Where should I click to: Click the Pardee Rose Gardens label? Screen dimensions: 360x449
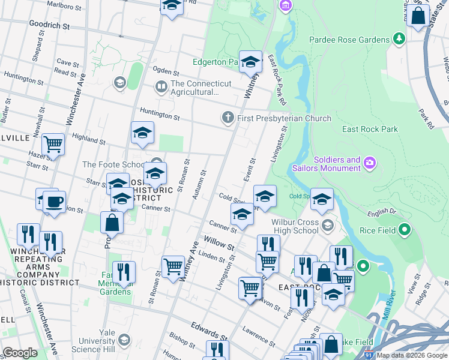coord(349,40)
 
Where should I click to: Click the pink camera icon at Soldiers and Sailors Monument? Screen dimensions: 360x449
coord(370,163)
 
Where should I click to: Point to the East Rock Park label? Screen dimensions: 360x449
coord(370,129)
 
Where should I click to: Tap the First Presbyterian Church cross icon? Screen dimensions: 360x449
coord(228,118)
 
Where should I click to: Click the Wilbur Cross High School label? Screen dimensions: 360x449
coord(295,226)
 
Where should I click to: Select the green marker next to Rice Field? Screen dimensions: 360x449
coord(404,229)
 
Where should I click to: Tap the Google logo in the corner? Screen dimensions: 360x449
coord(20,353)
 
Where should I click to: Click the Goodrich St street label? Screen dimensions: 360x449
coord(49,26)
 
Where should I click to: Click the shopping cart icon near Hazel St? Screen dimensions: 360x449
coord(53,144)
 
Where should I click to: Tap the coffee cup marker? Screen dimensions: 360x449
coord(55,202)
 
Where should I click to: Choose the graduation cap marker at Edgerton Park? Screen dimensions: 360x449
coord(251,61)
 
